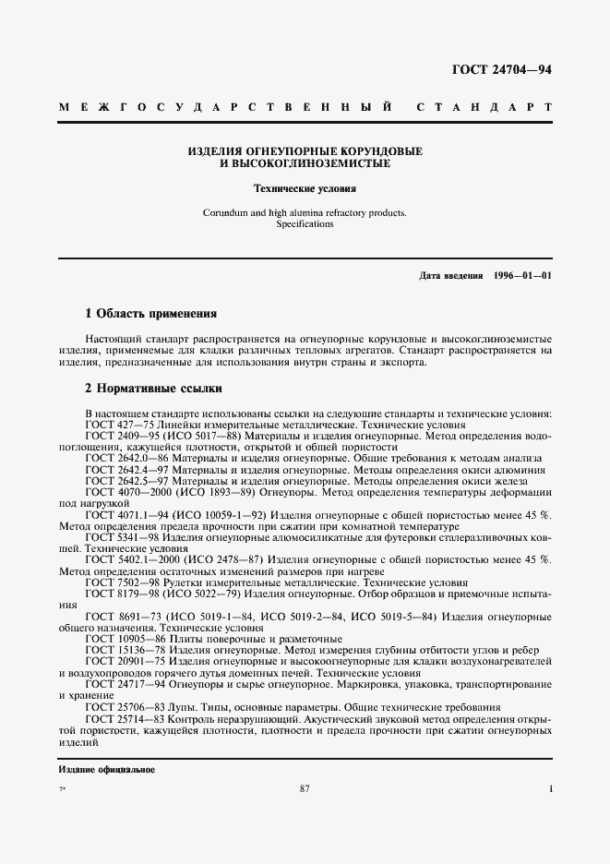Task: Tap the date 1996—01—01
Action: (x=522, y=276)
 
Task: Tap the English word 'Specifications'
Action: (x=305, y=224)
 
